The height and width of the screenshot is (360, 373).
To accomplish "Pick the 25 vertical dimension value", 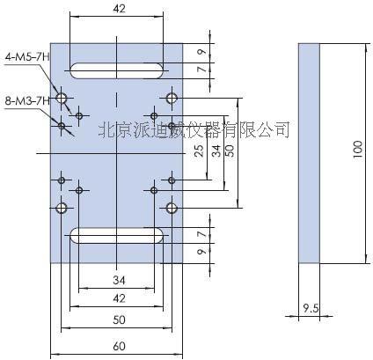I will tap(199, 151).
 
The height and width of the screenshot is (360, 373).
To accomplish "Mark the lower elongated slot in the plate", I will tap(116, 234).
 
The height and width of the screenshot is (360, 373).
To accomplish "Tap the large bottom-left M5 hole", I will tap(62, 208).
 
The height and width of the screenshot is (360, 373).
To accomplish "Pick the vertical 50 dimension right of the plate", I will tap(230, 151).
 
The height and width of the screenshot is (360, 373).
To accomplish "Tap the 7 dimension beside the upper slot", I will tap(201, 69).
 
